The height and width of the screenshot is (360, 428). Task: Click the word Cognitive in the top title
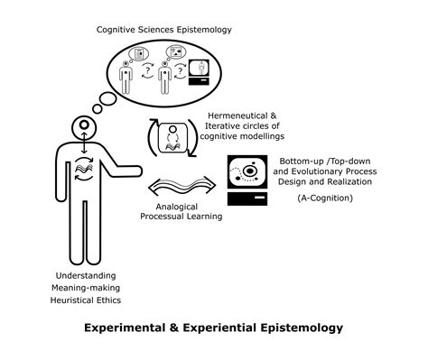coord(120,30)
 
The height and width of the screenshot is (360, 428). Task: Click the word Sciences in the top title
coord(166,30)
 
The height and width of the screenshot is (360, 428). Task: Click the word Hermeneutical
coord(237,115)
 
